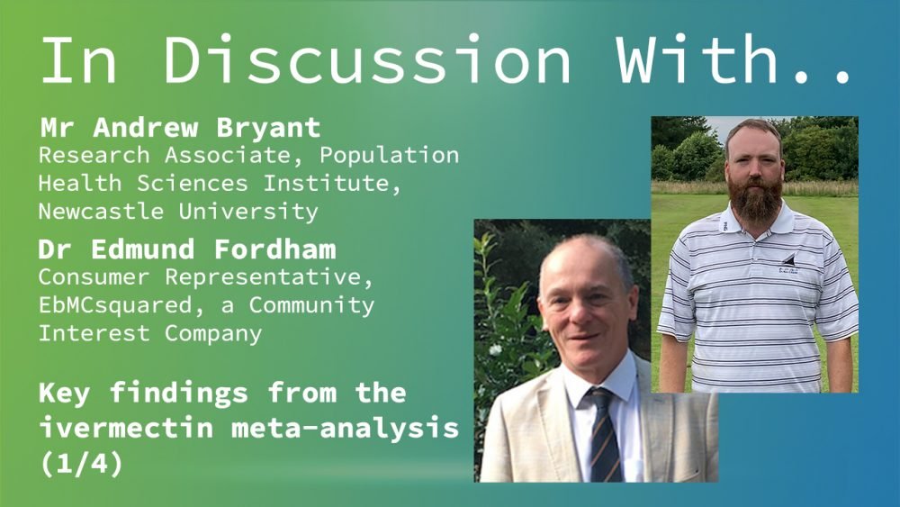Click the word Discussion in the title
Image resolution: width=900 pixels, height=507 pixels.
(368, 59)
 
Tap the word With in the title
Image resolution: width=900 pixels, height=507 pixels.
(697, 59)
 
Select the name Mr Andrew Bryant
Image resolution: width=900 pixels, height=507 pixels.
(180, 128)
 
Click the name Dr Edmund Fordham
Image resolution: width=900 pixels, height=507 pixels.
(187, 249)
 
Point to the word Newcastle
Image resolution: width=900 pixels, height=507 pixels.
(101, 211)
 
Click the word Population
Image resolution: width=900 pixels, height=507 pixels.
(389, 156)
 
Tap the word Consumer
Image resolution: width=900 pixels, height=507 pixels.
(94, 276)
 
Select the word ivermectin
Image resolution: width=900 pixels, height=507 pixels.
(126, 427)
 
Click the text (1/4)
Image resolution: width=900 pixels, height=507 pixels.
(81, 463)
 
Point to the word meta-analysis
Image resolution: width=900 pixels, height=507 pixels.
(345, 428)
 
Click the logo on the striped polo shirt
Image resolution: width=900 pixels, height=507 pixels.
(788, 264)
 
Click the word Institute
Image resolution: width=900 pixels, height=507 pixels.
(332, 184)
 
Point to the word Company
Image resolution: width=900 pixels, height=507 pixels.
(213, 334)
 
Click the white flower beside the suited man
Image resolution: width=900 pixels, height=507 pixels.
(494, 349)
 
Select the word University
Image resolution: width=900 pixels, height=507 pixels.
(248, 212)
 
